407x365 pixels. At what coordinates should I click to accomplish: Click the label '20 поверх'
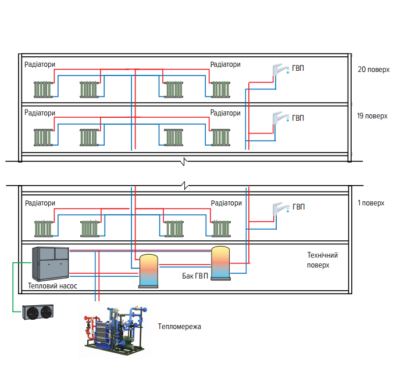[372, 69]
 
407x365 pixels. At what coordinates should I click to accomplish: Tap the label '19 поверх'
[372, 115]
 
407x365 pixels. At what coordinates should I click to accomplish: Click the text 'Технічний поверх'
[322, 260]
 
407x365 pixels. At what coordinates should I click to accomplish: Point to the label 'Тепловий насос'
[52, 286]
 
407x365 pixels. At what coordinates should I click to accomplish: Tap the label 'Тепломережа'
[179, 327]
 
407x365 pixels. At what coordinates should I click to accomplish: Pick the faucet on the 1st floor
[281, 209]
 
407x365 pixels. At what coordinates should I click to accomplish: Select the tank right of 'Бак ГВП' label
[220, 263]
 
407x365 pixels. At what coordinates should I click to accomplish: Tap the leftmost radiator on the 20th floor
[44, 89]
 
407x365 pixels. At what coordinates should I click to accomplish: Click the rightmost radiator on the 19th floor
[220, 137]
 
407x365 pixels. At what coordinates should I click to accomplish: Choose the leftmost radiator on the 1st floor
[44, 228]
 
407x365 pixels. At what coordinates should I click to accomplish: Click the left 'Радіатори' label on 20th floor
[40, 64]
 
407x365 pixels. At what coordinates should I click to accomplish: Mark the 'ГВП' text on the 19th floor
[298, 118]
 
